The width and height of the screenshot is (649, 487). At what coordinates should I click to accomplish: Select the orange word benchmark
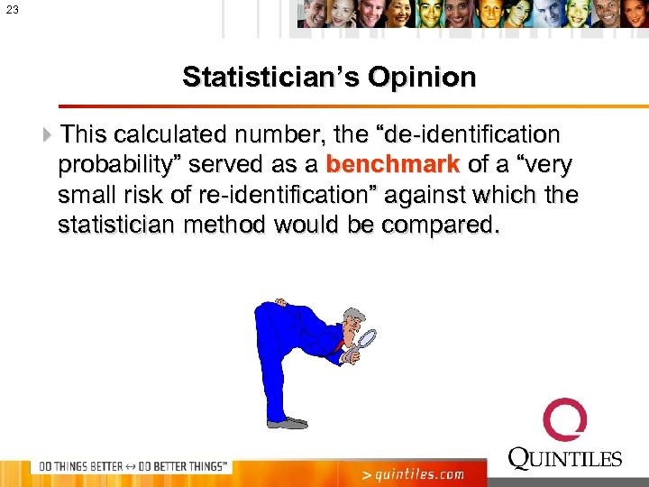tap(393, 165)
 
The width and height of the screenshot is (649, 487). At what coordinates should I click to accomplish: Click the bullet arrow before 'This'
tap(48, 135)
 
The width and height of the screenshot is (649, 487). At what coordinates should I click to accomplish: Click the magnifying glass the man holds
tap(366, 341)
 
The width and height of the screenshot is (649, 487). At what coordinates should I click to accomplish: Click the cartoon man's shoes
tap(287, 422)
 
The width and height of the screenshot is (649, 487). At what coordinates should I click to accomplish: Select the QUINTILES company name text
tap(565, 459)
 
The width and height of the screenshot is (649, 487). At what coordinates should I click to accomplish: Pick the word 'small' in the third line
tap(87, 195)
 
